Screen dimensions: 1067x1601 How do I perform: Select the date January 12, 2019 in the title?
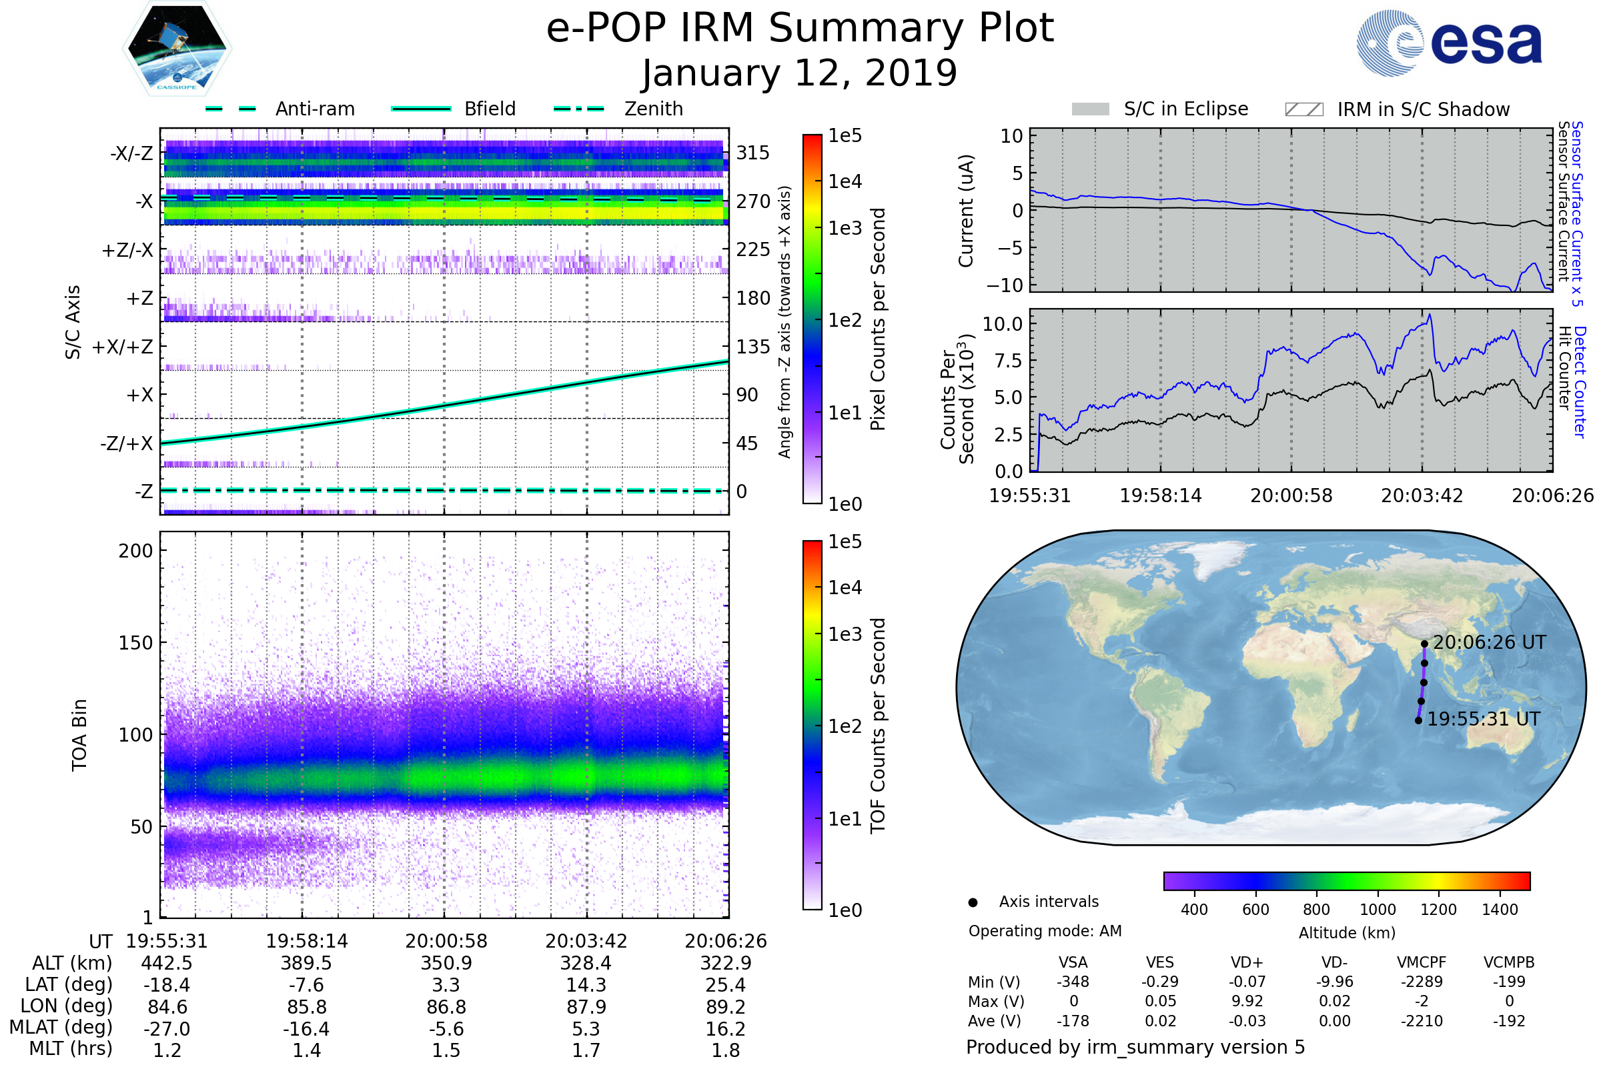[799, 73]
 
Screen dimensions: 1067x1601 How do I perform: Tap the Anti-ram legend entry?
[314, 109]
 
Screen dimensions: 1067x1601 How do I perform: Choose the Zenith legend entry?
[653, 109]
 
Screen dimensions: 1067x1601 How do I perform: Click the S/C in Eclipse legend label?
[1185, 109]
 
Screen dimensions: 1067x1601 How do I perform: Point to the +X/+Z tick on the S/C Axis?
[123, 347]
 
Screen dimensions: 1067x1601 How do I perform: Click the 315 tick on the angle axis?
[752, 153]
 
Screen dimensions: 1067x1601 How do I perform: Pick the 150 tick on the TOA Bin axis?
[135, 643]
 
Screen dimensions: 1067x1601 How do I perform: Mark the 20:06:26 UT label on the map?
[1489, 642]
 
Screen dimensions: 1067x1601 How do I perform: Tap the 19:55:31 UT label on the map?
[1483, 720]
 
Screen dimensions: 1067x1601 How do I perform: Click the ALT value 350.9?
[446, 963]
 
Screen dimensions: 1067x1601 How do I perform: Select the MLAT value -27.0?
[167, 1028]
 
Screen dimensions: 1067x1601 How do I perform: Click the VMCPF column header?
[1422, 962]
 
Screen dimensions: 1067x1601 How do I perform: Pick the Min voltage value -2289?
[1422, 982]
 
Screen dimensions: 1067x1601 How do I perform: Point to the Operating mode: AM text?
[1045, 931]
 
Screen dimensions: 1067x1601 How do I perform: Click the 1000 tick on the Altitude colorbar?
[1377, 910]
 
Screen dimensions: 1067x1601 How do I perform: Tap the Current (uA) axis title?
[966, 211]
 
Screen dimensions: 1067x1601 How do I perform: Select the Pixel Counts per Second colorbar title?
[878, 319]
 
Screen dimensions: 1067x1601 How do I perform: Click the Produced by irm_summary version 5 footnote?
[1135, 1047]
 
